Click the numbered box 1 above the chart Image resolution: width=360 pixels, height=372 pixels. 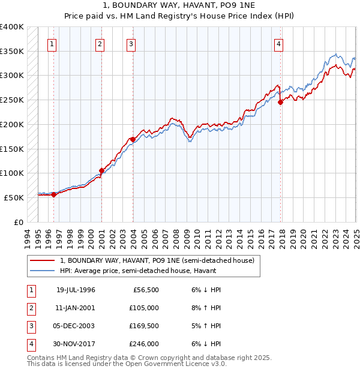point(53,44)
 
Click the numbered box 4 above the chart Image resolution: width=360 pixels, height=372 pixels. point(280,44)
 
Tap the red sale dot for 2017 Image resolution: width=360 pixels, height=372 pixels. point(280,102)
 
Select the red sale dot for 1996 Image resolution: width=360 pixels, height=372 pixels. point(53,194)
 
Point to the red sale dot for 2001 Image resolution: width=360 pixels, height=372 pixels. point(101,170)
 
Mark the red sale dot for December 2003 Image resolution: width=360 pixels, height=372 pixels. point(132,139)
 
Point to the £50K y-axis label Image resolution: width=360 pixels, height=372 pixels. point(14,197)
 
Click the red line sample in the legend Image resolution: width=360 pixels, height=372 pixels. point(42,260)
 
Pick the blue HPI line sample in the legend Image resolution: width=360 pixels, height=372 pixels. point(42,270)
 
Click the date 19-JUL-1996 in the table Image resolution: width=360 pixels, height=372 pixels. point(76,290)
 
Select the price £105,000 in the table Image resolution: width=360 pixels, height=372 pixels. point(145,308)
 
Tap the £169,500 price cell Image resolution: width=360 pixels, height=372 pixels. point(145,326)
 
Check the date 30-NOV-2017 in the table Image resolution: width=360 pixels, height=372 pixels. point(76,344)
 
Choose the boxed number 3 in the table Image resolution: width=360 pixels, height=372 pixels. point(31,326)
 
